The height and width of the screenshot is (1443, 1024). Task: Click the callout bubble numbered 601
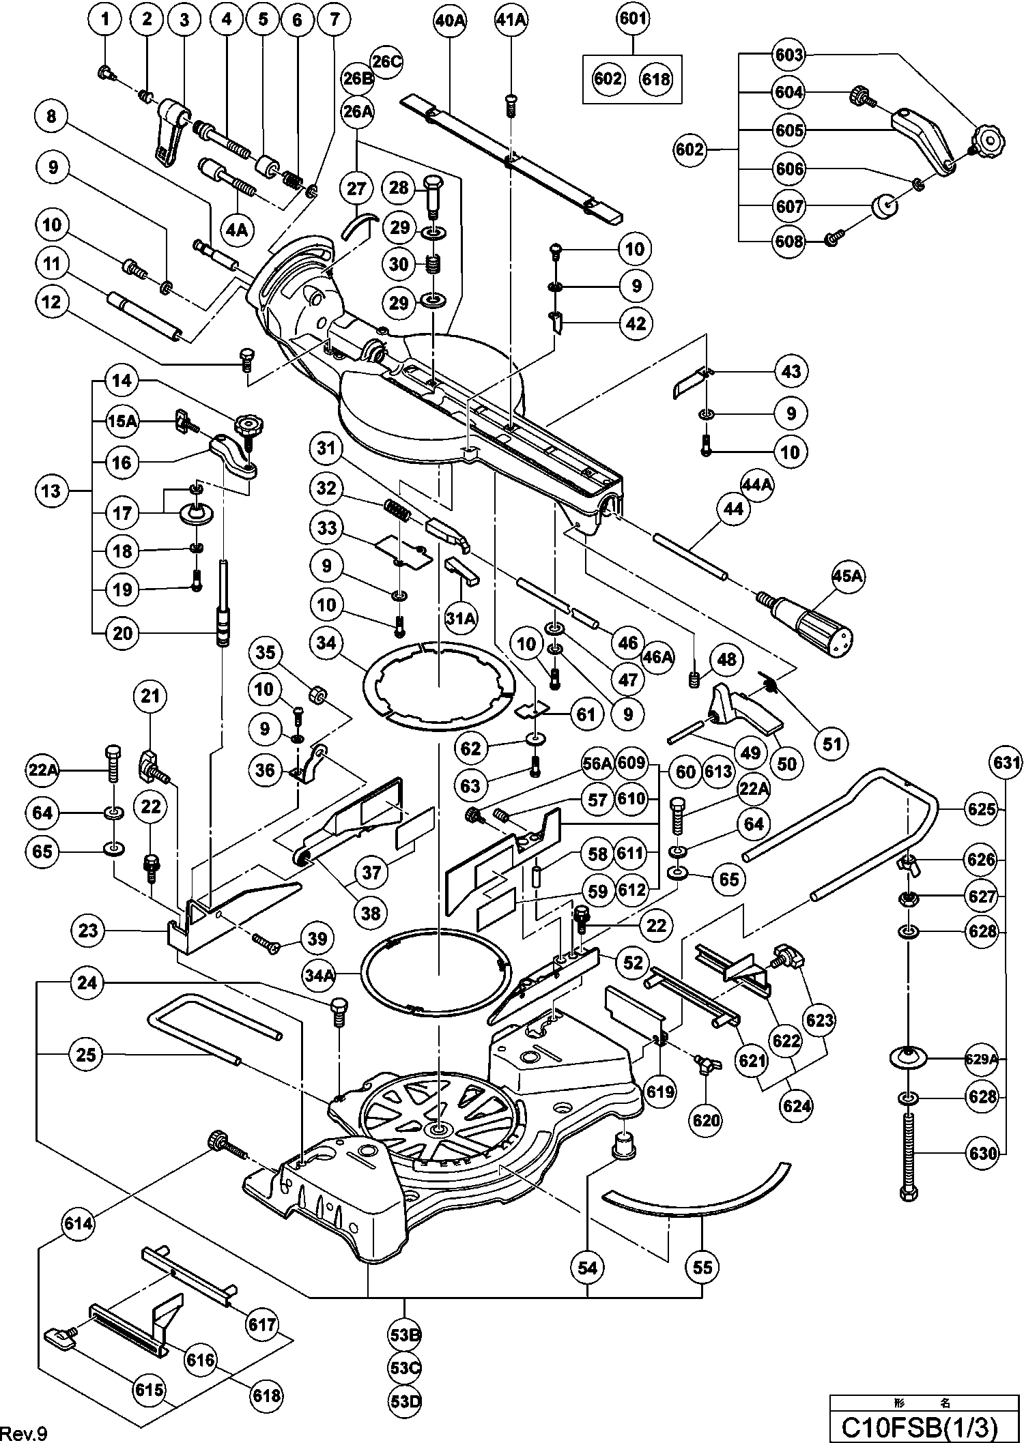(632, 19)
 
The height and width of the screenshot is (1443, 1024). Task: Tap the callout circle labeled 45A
(847, 577)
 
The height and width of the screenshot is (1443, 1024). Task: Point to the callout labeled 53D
(405, 1401)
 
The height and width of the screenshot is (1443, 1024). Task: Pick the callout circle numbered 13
(52, 491)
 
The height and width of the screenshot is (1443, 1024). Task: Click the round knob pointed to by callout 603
(988, 140)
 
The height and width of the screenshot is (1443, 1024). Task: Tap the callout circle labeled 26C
(387, 61)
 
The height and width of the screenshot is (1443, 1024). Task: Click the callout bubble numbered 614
(79, 1223)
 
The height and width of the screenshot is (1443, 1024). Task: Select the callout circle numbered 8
(52, 117)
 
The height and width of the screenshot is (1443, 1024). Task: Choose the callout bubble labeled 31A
(461, 618)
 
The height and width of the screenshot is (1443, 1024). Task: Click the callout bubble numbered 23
(88, 929)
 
